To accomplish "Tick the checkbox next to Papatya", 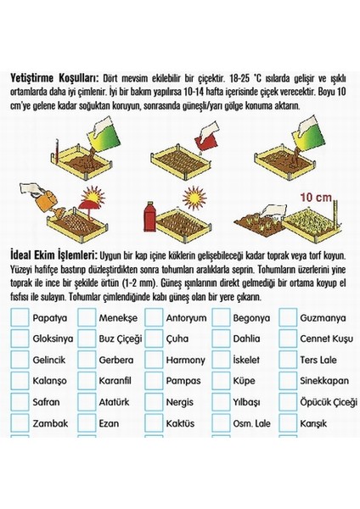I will click(x=20, y=318).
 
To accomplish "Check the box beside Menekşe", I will click(x=87, y=318).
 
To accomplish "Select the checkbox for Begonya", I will click(x=220, y=318).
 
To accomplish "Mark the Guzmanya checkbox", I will click(x=286, y=318).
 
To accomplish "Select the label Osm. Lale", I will click(x=252, y=422).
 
